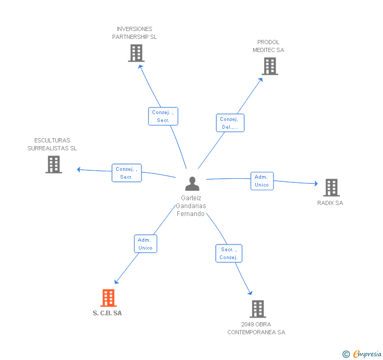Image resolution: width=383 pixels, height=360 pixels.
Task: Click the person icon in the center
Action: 192,183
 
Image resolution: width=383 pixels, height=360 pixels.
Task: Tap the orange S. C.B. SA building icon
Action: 108,298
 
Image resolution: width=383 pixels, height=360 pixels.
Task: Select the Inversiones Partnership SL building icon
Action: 136,53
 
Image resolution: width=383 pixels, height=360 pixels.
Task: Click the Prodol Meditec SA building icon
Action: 270,66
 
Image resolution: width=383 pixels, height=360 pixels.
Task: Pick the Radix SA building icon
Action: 331,188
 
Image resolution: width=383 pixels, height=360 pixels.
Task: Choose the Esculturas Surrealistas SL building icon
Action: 54,164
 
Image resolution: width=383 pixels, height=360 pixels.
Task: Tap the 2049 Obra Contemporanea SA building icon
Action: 257,309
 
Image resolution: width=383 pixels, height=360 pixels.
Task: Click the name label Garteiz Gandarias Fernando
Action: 191,206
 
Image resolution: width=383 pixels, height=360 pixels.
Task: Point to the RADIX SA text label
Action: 330,203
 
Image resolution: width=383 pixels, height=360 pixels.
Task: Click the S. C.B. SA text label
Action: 107,313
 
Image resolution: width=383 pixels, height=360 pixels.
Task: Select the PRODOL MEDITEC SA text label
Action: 268,46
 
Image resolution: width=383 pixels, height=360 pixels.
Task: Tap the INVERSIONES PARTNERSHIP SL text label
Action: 135,33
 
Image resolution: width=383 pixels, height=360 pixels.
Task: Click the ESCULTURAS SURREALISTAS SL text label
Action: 52,145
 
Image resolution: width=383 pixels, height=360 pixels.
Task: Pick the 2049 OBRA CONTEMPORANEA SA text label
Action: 256,328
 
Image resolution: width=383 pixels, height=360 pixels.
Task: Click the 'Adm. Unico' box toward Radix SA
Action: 261,181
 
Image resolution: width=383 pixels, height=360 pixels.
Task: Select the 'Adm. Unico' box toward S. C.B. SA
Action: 145,243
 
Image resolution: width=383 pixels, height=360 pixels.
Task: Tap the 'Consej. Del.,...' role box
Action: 230,123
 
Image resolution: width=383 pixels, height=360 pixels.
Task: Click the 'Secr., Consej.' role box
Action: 229,253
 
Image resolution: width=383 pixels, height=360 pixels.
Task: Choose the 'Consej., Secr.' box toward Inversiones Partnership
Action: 163,116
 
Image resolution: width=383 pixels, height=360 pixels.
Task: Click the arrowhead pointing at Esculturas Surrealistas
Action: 79,169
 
